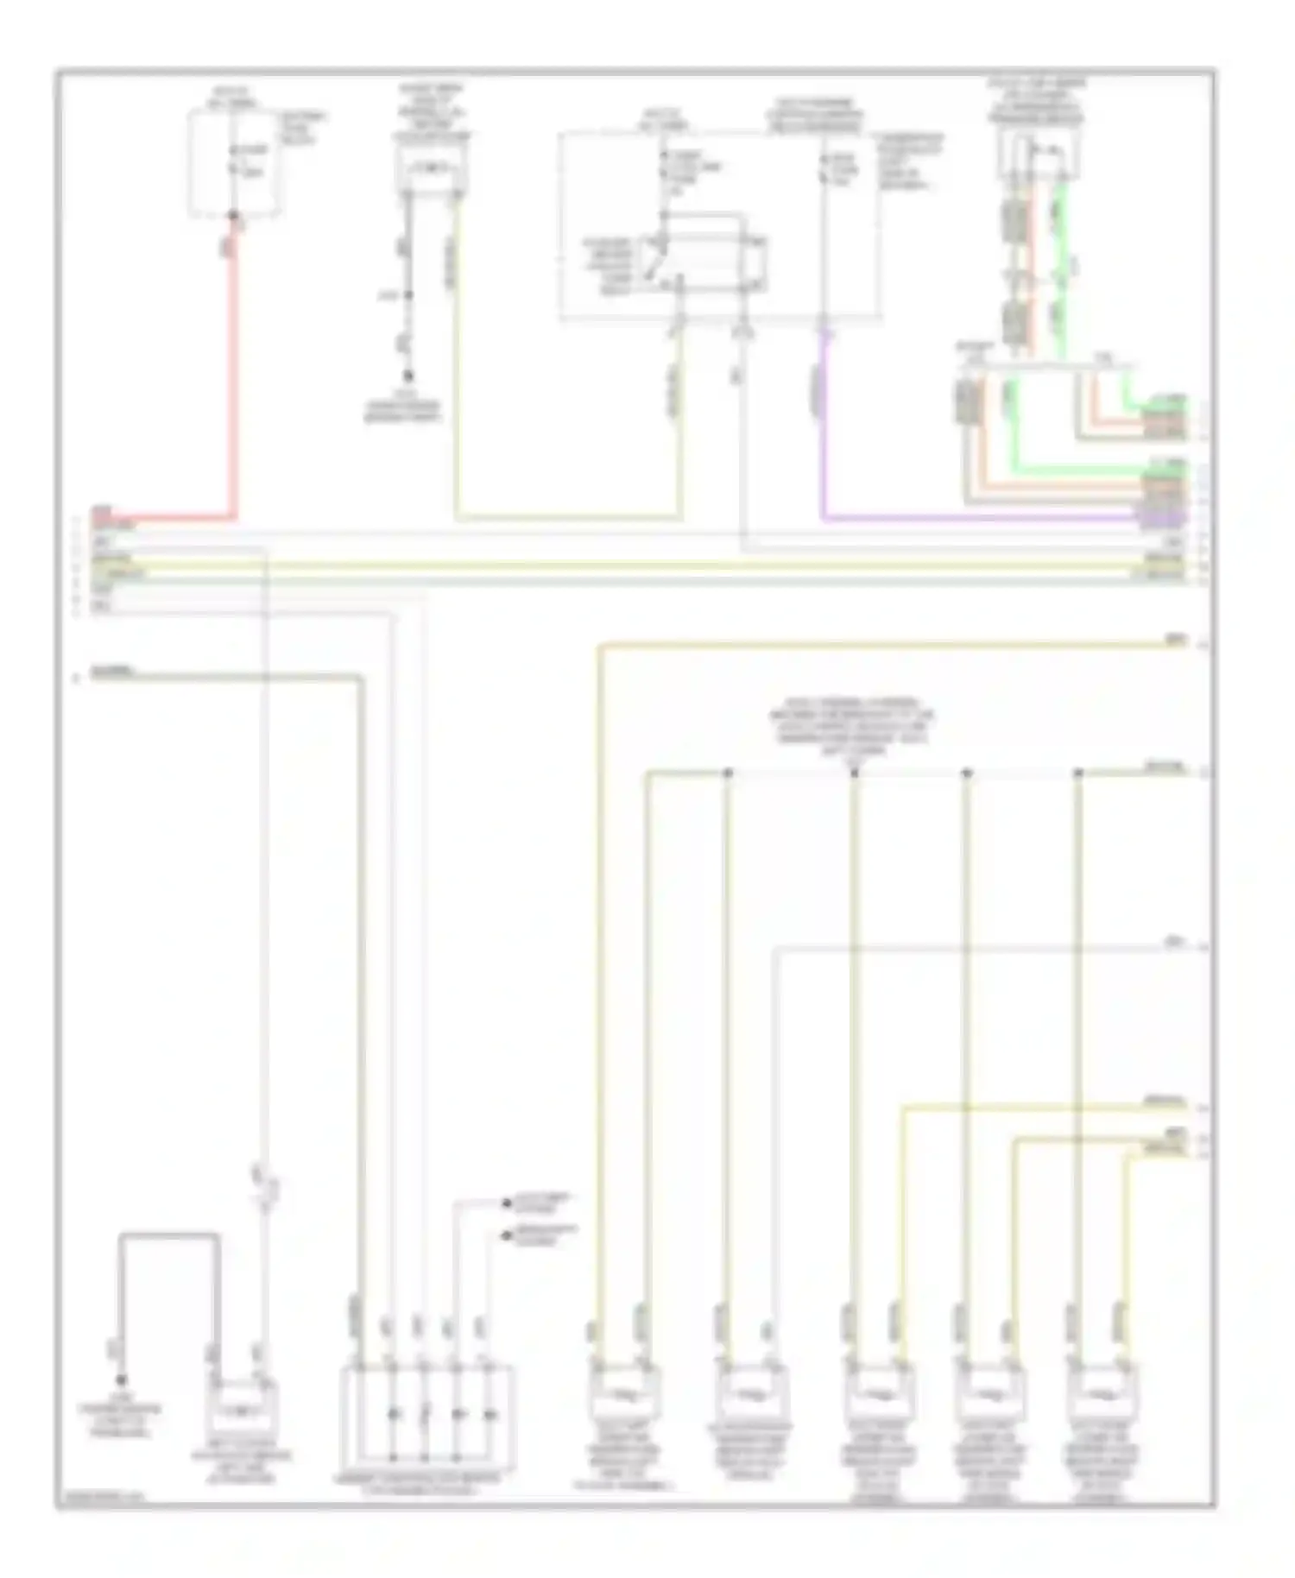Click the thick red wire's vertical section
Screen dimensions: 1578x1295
[x=232, y=371]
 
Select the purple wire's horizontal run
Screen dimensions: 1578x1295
[x=976, y=520]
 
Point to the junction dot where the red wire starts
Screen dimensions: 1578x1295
[x=233, y=216]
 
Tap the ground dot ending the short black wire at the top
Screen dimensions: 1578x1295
[x=408, y=376]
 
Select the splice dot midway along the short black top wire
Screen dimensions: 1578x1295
[x=408, y=295]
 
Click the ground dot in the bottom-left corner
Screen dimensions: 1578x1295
[x=122, y=1379]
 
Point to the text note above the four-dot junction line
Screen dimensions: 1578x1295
[x=852, y=729]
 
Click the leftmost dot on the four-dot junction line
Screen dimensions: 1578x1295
[x=728, y=773]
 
